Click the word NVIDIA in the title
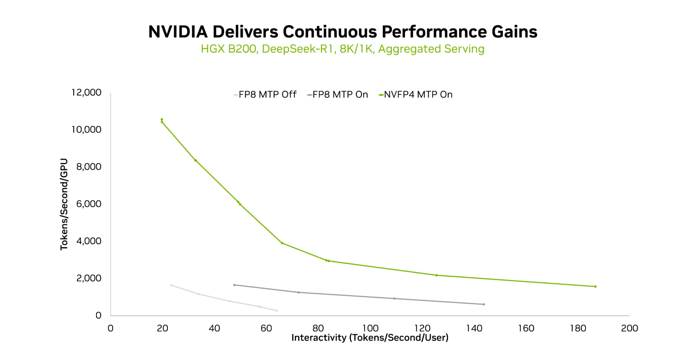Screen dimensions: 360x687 (x=178, y=32)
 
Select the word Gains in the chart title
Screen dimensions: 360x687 (x=514, y=32)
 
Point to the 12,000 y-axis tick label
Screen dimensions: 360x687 (x=86, y=92)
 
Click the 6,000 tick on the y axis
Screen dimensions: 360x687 (x=89, y=204)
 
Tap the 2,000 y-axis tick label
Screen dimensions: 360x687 (x=89, y=278)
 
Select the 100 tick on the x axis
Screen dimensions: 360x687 (x=370, y=328)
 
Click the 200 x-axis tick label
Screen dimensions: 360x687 (x=629, y=328)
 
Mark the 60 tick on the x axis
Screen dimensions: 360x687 (x=266, y=328)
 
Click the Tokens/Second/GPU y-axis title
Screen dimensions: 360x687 (x=64, y=204)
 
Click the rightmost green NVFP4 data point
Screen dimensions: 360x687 (x=595, y=287)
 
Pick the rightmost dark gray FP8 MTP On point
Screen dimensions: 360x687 (x=484, y=305)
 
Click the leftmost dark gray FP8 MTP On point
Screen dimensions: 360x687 (x=234, y=285)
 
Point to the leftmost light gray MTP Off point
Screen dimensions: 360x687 (x=171, y=285)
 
